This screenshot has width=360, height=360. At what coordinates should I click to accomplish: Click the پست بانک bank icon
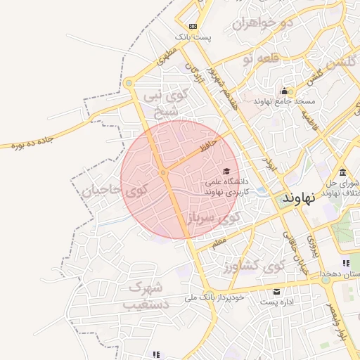click(x=183, y=26)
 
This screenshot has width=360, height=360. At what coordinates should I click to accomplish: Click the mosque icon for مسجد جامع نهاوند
click(x=284, y=91)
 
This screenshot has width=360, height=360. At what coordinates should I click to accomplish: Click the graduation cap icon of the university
click(x=226, y=171)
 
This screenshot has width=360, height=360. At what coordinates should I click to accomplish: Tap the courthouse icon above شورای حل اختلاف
click(x=342, y=173)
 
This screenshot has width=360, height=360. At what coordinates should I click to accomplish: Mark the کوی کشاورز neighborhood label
click(x=253, y=267)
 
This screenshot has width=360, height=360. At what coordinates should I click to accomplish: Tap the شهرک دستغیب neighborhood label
click(x=146, y=296)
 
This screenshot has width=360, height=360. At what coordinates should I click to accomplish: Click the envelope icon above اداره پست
click(x=276, y=292)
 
